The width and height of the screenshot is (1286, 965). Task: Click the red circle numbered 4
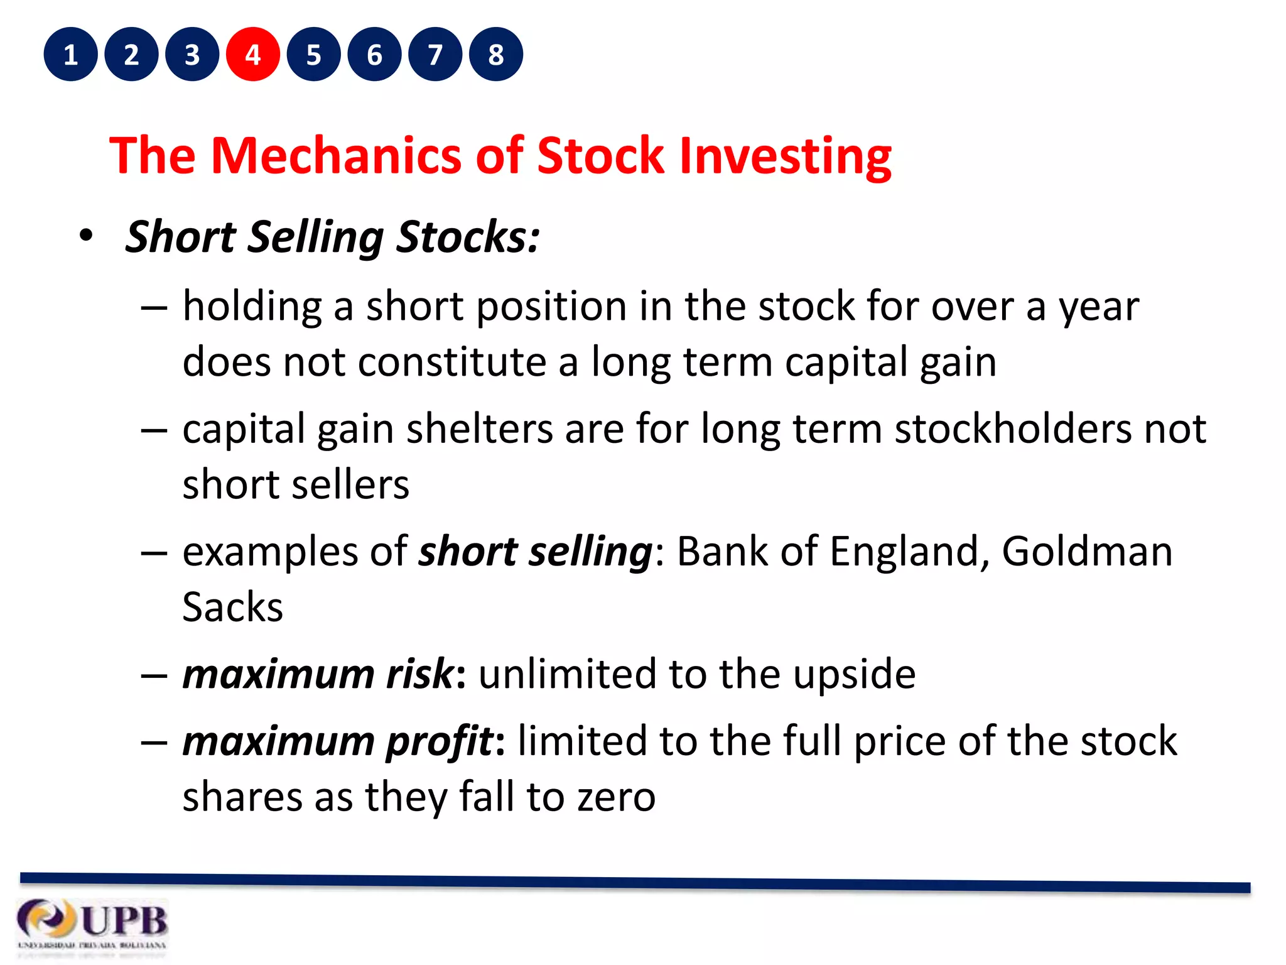point(252,55)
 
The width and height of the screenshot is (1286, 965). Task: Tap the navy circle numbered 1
point(70,55)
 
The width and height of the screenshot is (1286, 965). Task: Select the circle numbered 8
point(495,55)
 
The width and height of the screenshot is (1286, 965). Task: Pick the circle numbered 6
point(374,55)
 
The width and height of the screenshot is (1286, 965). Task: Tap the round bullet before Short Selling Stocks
point(86,236)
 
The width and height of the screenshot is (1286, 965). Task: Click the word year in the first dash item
point(1098,308)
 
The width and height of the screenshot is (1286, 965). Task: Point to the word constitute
point(452,363)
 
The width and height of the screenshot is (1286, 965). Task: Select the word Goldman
point(1086,552)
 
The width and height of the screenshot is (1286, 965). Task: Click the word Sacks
point(232,608)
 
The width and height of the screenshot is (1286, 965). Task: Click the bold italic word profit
point(440,741)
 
